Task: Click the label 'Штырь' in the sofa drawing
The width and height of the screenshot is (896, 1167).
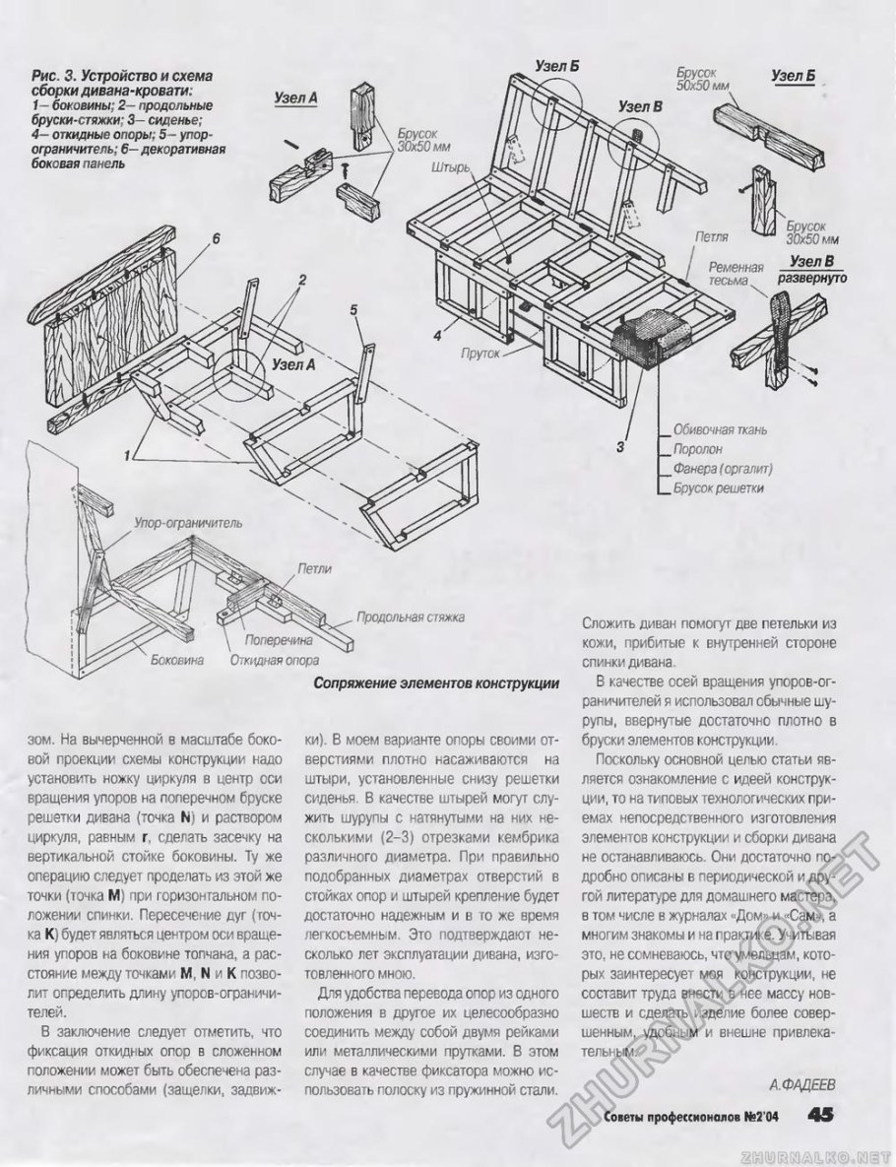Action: click(x=454, y=167)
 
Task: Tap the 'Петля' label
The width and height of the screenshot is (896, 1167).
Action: click(x=711, y=237)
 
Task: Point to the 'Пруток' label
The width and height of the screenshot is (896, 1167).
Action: click(x=481, y=351)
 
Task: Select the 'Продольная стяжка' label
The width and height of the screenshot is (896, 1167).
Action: click(x=410, y=617)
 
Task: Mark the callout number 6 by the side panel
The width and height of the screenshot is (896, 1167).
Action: click(x=215, y=237)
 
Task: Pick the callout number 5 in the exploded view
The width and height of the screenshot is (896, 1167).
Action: click(x=352, y=310)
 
